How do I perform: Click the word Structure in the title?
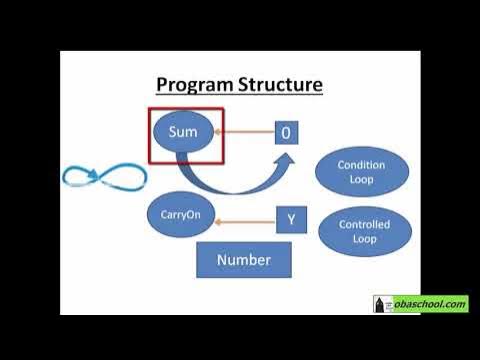coord(280,83)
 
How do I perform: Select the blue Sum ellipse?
coord(184,134)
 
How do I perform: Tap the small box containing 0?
coord(286,132)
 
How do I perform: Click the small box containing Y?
coord(290,219)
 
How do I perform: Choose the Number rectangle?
coord(243,260)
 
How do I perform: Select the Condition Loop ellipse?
coord(361,172)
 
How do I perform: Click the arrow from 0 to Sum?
coord(247,131)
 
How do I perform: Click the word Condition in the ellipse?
coord(361,165)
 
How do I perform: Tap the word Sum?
coord(184,132)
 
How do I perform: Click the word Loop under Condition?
coord(361,180)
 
